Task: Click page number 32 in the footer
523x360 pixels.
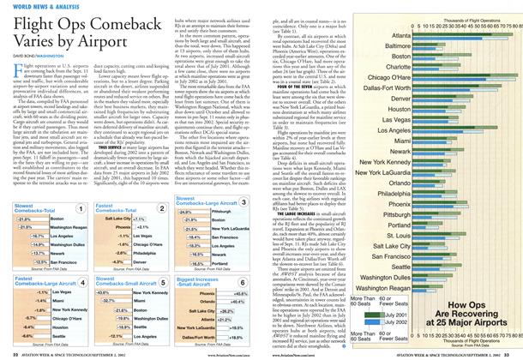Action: coord(9,354)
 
